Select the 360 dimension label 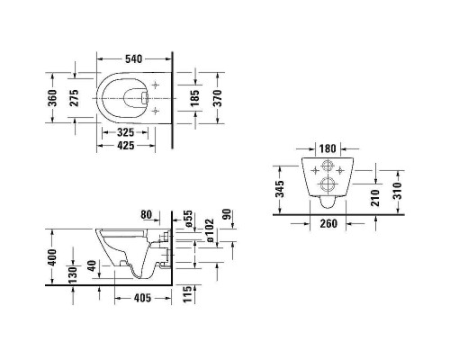point(52,95)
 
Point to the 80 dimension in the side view point(147,215)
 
